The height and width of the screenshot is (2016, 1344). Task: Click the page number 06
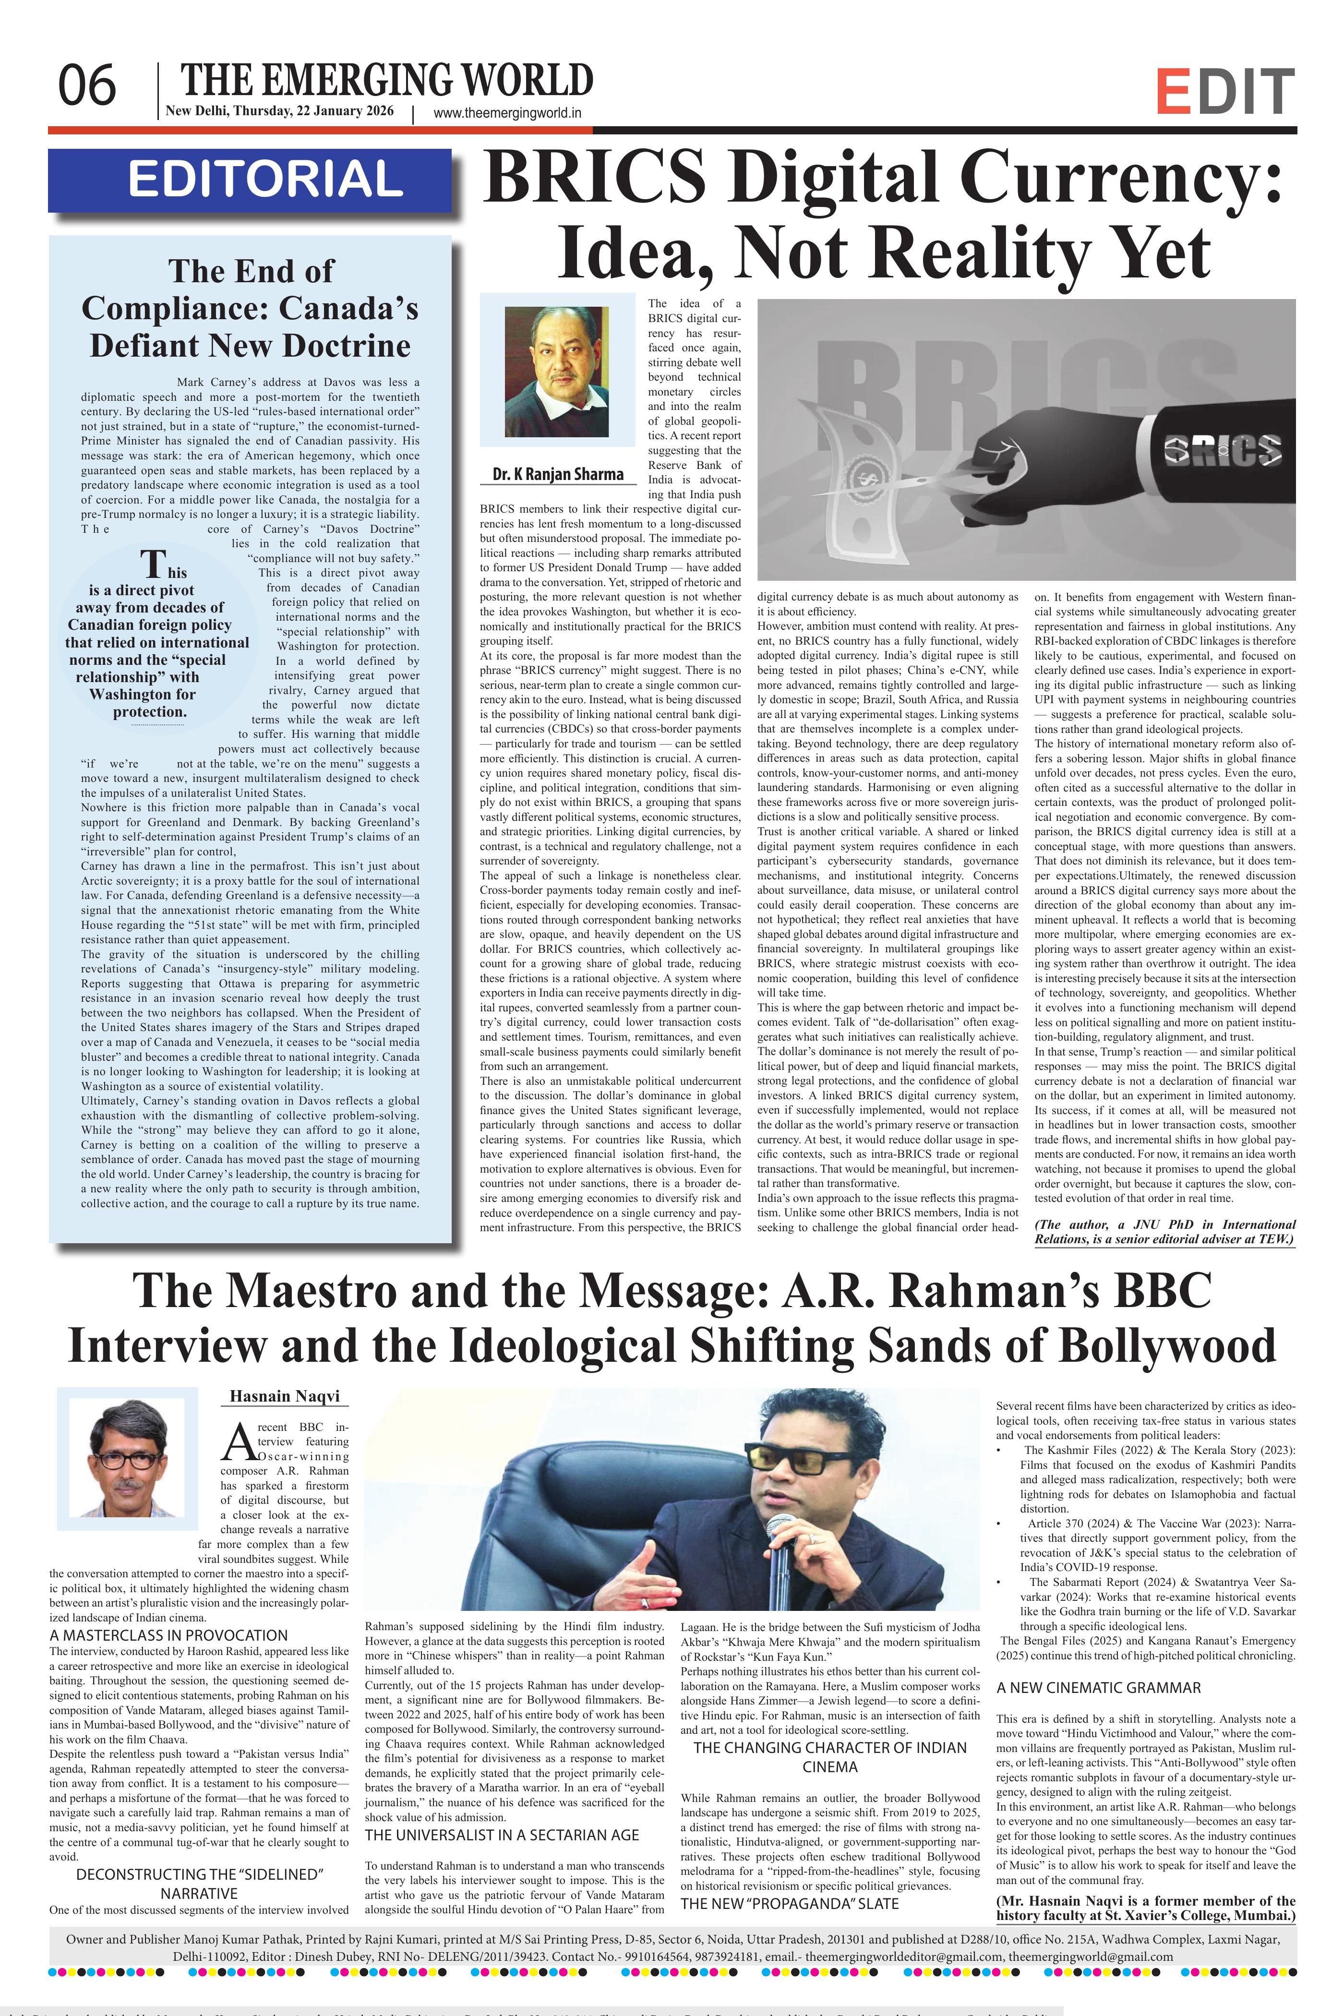[x=86, y=86]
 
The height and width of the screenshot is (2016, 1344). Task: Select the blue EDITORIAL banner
[x=250, y=180]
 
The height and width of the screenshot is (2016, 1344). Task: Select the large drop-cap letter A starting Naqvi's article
[x=236, y=1443]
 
